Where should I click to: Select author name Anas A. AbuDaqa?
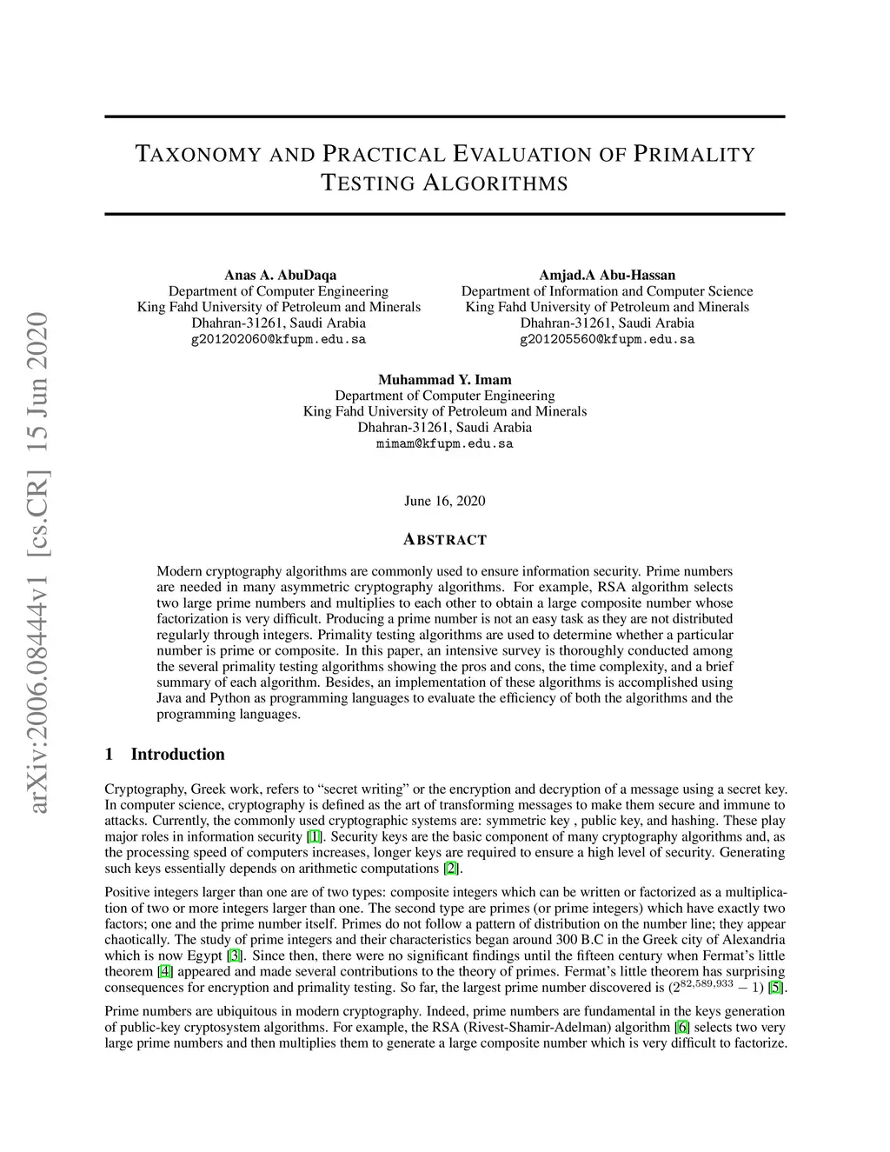(280, 275)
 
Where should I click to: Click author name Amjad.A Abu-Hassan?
(607, 275)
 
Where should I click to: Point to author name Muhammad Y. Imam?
(444, 379)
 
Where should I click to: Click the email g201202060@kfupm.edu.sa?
(278, 339)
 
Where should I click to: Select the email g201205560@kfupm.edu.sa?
(607, 339)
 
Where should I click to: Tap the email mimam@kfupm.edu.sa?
(444, 443)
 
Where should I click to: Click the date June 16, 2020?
(444, 501)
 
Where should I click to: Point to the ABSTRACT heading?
(445, 540)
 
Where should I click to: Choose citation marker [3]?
(234, 956)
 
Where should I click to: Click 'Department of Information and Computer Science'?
(607, 291)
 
